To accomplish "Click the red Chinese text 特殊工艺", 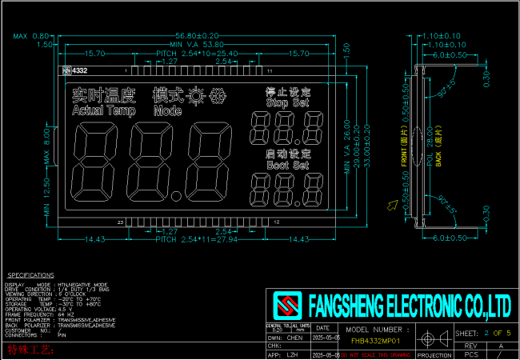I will tap(30, 350).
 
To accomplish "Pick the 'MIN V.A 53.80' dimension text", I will tap(197, 45).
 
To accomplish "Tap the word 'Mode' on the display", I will tap(168, 110).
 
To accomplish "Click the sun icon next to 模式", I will tap(194, 94).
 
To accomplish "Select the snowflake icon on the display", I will tap(217, 94).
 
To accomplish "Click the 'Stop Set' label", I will tap(287, 103).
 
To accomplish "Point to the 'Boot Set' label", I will tap(287, 165).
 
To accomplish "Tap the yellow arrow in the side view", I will tap(392, 206).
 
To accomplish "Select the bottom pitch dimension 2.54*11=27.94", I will tap(197, 239).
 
